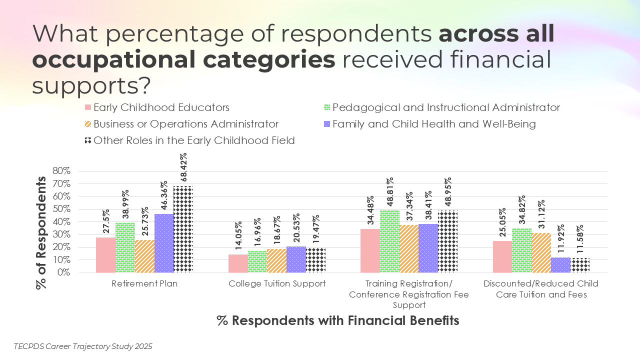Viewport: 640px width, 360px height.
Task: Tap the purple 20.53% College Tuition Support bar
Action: pyautogui.click(x=296, y=259)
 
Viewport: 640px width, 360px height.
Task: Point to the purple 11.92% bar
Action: pyautogui.click(x=561, y=265)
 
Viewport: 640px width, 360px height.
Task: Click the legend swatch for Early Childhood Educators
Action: pyautogui.click(x=87, y=107)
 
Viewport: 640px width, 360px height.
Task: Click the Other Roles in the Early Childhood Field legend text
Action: pyautogui.click(x=194, y=140)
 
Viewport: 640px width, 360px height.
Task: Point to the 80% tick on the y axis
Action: pyautogui.click(x=61, y=171)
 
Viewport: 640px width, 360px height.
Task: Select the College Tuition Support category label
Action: pyautogui.click(x=277, y=283)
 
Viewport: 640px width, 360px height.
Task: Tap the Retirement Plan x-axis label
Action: pyautogui.click(x=144, y=283)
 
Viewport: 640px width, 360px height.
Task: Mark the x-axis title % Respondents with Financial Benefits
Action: pyautogui.click(x=338, y=320)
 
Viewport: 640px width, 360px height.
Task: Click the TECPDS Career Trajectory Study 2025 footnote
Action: pyautogui.click(x=83, y=346)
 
